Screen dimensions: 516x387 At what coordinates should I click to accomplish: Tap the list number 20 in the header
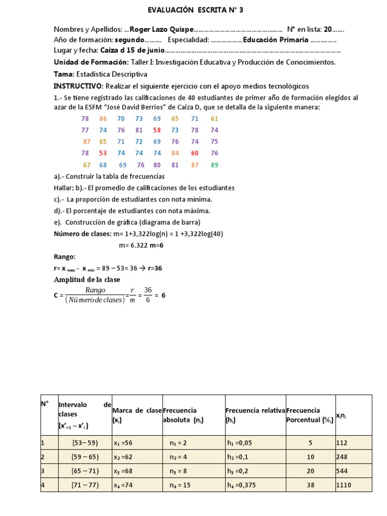(328, 29)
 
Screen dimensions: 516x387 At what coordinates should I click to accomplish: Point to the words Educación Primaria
(276, 40)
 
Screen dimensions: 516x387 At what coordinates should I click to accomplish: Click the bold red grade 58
(157, 130)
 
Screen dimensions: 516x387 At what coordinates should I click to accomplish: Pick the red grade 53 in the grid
(103, 153)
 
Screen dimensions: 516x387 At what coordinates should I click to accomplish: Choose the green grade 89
(215, 165)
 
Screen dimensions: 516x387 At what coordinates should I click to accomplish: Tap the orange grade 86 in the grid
(103, 118)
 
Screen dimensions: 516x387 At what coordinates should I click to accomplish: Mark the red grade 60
(195, 153)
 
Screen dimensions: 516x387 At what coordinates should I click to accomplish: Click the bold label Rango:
(64, 256)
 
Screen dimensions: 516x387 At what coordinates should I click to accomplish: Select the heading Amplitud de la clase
(87, 280)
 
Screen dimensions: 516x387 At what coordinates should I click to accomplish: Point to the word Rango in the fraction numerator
(95, 290)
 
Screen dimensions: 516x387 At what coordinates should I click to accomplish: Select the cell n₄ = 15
(180, 485)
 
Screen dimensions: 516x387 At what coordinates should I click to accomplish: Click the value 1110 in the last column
(344, 485)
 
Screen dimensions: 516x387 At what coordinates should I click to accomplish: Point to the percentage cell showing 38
(310, 485)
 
